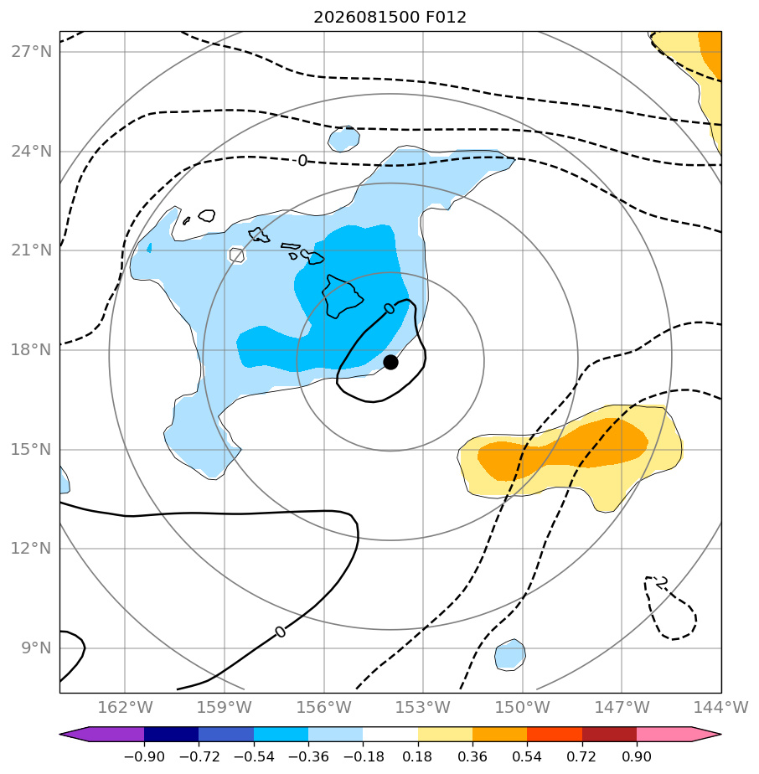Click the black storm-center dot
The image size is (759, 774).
390,363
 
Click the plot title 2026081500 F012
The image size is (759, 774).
390,18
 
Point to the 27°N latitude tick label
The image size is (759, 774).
31,51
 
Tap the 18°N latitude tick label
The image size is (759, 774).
31,349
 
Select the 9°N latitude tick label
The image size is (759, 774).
36,648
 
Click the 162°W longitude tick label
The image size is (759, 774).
125,707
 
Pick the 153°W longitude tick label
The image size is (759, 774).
423,707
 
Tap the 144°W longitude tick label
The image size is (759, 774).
721,707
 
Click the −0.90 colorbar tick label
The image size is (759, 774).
144,756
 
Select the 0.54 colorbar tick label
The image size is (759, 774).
527,756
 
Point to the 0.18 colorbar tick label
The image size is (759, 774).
417,756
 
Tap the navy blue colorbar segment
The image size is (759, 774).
172,734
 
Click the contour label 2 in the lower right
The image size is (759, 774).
662,582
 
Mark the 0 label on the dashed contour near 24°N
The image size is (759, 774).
302,161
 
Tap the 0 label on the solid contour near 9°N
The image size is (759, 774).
280,632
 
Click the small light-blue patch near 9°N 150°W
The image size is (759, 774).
510,654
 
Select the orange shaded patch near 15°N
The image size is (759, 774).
563,449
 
